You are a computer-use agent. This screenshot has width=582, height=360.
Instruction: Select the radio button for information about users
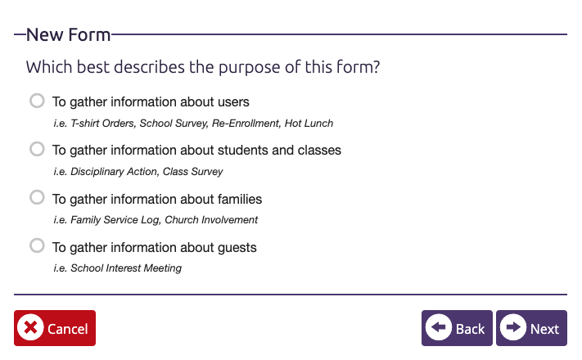tap(37, 101)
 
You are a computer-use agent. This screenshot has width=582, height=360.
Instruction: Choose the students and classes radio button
tap(37, 149)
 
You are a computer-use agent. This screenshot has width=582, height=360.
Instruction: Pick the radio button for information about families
tap(37, 197)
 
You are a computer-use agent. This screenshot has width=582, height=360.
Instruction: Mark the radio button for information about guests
tap(37, 245)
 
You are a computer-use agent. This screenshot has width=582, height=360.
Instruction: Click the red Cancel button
tap(55, 328)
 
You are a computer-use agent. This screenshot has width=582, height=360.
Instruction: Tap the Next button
tap(531, 328)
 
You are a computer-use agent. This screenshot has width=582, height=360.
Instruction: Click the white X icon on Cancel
tap(30, 327)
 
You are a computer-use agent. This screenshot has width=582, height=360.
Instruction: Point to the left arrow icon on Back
tap(439, 327)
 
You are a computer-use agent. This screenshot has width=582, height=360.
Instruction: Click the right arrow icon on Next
tap(513, 327)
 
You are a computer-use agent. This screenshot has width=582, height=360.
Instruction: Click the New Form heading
tap(68, 35)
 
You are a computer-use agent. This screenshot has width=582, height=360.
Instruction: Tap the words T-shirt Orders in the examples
tap(102, 124)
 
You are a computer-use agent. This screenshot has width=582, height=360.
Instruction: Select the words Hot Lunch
tap(309, 124)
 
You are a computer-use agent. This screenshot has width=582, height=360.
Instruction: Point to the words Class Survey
tap(192, 172)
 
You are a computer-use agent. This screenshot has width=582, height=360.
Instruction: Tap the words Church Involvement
tap(211, 220)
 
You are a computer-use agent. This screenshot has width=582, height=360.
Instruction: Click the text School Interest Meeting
tap(126, 268)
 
